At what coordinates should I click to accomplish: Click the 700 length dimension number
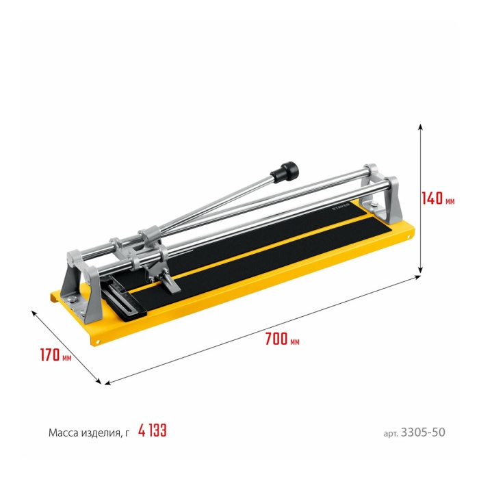coord(276,339)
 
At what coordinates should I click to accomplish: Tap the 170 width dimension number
coord(50,354)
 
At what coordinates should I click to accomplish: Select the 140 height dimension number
coord(432,198)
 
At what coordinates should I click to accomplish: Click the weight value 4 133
coord(152,430)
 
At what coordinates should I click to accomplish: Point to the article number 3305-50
coord(423,432)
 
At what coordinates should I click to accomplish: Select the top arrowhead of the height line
coord(420,127)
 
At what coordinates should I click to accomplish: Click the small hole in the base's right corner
coord(409,237)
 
